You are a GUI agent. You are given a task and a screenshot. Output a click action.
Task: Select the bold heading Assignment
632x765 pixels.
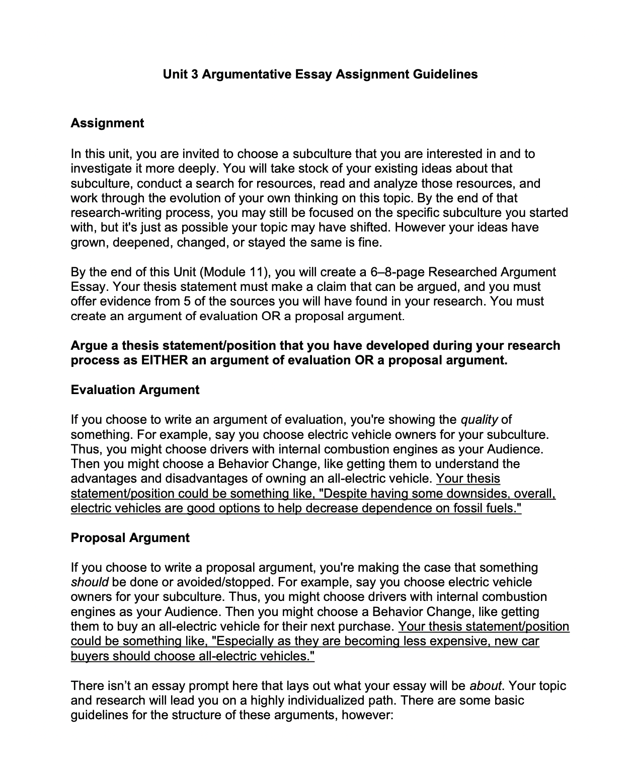point(107,123)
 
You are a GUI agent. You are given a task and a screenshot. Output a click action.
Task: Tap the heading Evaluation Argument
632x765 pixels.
point(135,390)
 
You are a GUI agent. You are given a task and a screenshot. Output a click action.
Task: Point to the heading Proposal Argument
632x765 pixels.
point(130,538)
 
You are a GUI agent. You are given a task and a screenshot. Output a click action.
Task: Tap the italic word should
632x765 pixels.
point(90,582)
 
